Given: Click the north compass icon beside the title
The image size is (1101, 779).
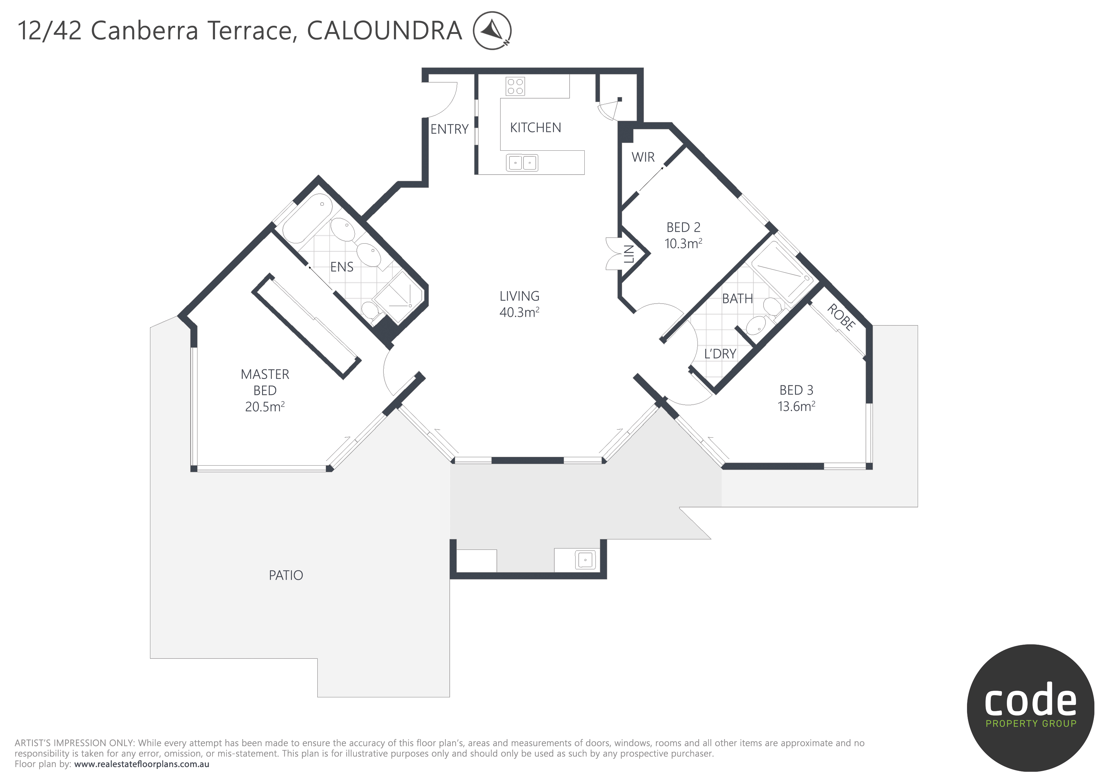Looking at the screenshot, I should click(x=492, y=30).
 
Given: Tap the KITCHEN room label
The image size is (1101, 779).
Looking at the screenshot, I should click(x=535, y=127).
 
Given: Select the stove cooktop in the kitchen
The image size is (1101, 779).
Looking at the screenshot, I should click(x=515, y=86).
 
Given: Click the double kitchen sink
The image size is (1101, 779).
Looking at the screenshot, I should click(x=522, y=163).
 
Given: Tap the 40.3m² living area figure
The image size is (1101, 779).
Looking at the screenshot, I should click(x=519, y=312).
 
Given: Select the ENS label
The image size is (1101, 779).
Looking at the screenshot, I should click(x=341, y=267).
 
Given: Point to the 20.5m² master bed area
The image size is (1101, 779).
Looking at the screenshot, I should click(x=265, y=407).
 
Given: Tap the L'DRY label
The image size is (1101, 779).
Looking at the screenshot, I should click(x=720, y=354).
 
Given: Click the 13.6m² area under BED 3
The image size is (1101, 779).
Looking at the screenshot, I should click(x=796, y=406).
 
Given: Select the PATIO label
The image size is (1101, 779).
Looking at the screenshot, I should click(x=286, y=575).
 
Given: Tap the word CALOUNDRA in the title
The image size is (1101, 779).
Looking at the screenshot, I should click(x=384, y=31).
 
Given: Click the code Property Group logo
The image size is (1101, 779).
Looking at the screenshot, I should click(x=1030, y=707).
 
